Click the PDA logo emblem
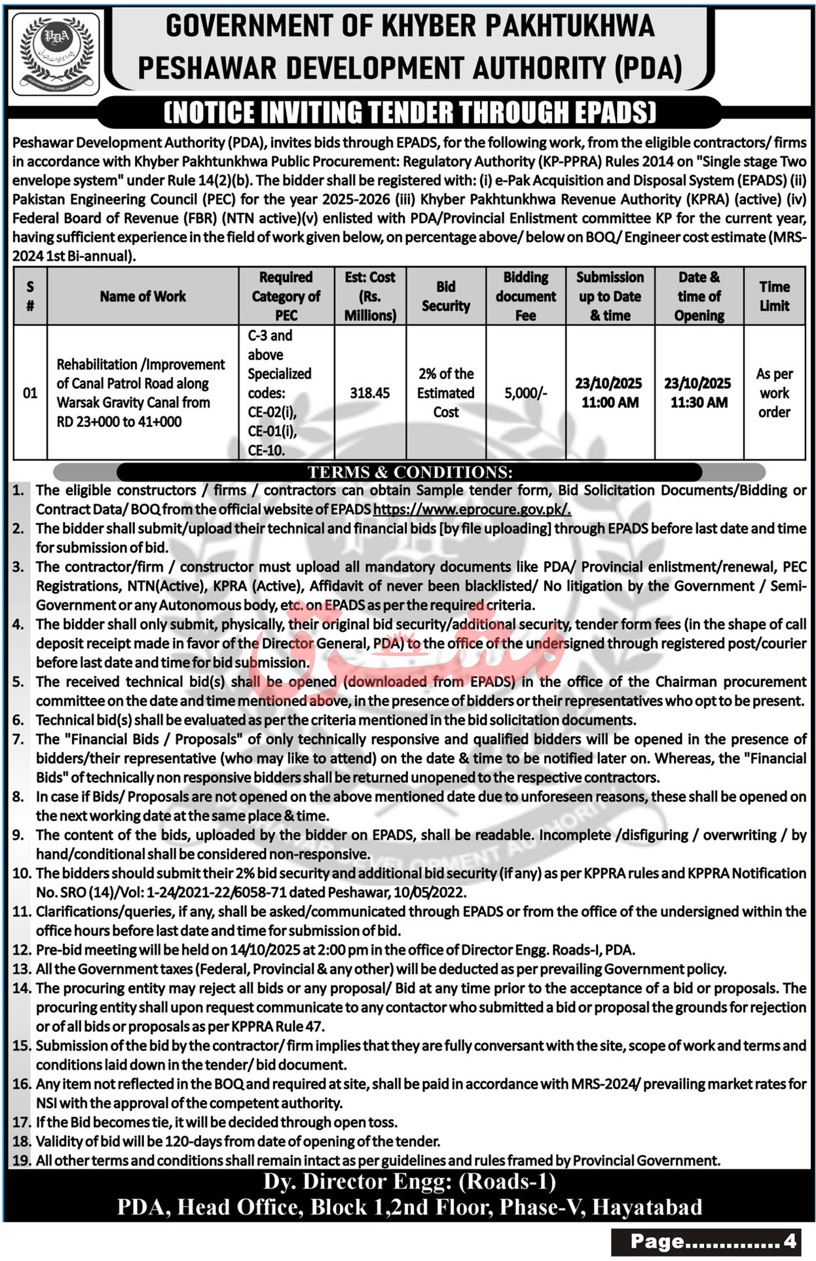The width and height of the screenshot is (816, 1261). coord(56,54)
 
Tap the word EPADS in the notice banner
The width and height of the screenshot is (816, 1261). coord(612,113)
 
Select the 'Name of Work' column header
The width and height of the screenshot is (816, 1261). coord(143,297)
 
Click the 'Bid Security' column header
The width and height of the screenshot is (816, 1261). coord(445,297)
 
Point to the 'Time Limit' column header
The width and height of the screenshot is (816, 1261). coord(774,297)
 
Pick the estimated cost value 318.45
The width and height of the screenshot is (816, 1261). coord(369,393)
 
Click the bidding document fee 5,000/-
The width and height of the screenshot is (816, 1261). coord(525,393)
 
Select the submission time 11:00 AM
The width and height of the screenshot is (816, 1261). coord(610,403)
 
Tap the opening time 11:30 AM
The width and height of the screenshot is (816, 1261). coord(699,403)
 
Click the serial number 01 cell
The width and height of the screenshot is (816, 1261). coord(30,393)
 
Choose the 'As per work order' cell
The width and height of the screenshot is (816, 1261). coord(774,393)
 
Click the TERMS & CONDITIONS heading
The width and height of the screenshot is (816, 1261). coord(410,472)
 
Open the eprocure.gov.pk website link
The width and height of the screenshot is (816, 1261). coord(472,509)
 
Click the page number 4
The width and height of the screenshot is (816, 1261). coord(789,1241)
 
